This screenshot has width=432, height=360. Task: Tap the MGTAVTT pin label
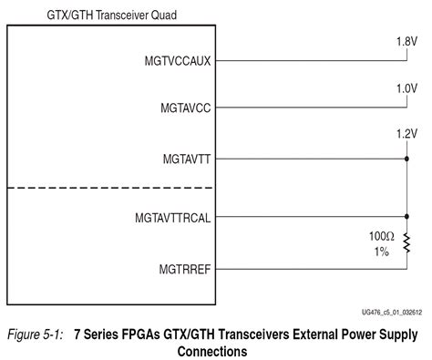pos(186,158)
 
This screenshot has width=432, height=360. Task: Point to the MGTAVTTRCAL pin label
pos(173,219)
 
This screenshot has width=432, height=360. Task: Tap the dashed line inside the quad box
pos(110,189)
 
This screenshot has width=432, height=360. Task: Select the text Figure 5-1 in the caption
pos(35,334)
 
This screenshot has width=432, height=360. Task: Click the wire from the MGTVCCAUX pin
pos(310,61)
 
